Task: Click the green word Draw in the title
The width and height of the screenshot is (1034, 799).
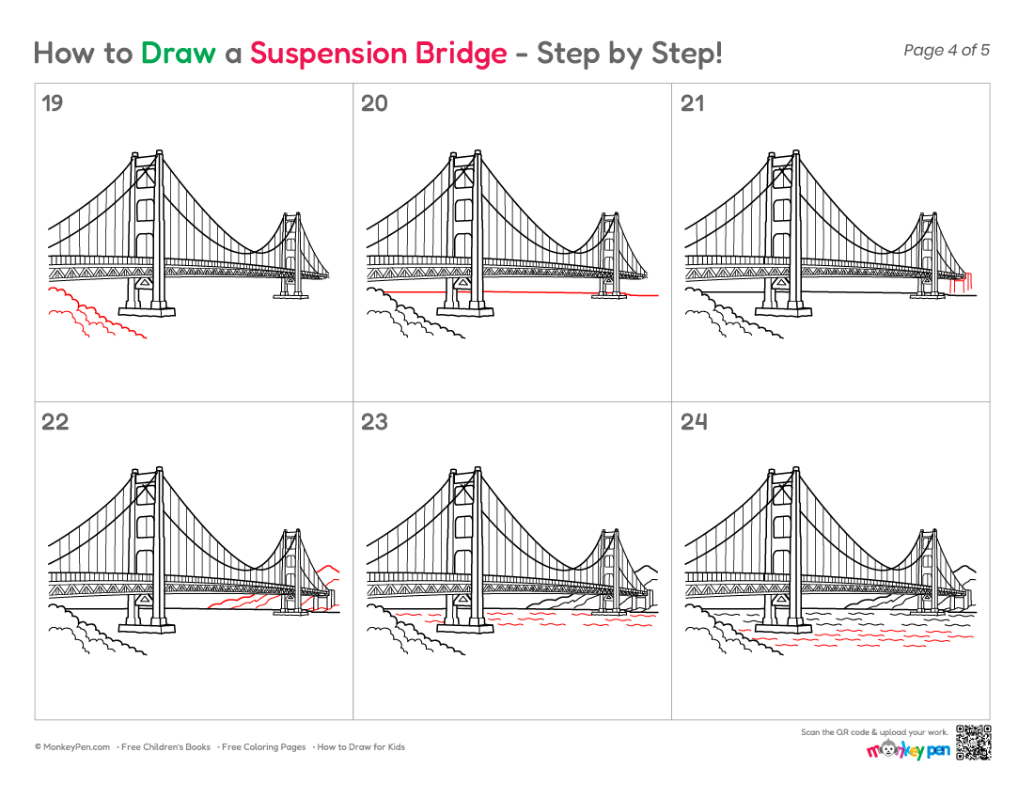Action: (x=178, y=53)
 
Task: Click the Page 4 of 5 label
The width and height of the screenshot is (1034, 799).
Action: (x=947, y=50)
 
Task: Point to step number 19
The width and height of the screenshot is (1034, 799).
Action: (x=52, y=103)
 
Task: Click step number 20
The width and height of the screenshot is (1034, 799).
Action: (x=374, y=103)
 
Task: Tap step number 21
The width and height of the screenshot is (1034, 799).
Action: (x=693, y=103)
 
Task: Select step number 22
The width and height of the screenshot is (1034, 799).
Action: (x=55, y=422)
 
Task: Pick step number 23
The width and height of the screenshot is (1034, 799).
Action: (x=374, y=422)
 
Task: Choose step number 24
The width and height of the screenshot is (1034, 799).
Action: (x=694, y=422)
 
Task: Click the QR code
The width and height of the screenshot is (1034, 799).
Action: (x=973, y=743)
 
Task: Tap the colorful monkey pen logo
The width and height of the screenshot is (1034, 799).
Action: (x=908, y=750)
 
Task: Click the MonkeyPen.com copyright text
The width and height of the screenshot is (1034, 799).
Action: (x=72, y=747)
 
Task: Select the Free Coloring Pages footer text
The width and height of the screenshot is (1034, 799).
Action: (x=264, y=747)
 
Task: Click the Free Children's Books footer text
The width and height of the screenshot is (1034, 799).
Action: (x=165, y=747)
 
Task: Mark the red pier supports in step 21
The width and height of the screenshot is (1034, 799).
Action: (x=961, y=282)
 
